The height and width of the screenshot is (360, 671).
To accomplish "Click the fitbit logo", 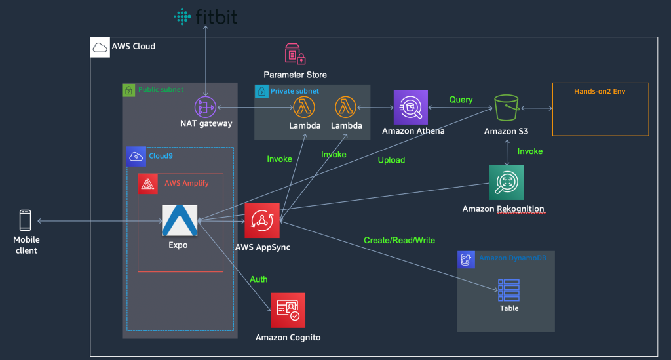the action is coord(205,16).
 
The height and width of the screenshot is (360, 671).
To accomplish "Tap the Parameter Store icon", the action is coord(296,54).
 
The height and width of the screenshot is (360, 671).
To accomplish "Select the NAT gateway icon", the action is coord(205,107).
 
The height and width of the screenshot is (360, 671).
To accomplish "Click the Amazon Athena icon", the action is coord(410,107).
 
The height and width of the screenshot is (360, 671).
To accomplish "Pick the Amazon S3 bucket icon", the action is coord(507,108).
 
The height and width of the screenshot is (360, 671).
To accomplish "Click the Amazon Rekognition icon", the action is coord(507,182).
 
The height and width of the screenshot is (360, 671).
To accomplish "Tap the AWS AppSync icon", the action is coord(262,220).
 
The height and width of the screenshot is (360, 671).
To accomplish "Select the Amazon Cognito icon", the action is coord(288,310).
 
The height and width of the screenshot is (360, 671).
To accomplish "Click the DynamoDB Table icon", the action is coord(508,290).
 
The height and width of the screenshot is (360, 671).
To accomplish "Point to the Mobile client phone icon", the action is coord(26,220).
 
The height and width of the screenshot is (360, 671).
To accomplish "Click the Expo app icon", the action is coord(180,220).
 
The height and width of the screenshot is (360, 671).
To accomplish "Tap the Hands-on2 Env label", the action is coord(600,91).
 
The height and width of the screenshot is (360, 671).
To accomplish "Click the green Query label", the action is coord(461,100).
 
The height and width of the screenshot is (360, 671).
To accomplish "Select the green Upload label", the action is coord(391,160).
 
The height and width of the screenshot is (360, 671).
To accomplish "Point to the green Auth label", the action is coord(258,279).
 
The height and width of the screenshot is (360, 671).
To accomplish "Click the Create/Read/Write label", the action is coord(399,240).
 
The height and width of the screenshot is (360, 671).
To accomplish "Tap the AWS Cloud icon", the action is coord(100,47).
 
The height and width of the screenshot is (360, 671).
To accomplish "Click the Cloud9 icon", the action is coord(136,157).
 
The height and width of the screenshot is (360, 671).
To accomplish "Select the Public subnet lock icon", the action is coord(128,90).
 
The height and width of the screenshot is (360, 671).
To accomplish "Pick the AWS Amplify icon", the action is coord(147,184).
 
